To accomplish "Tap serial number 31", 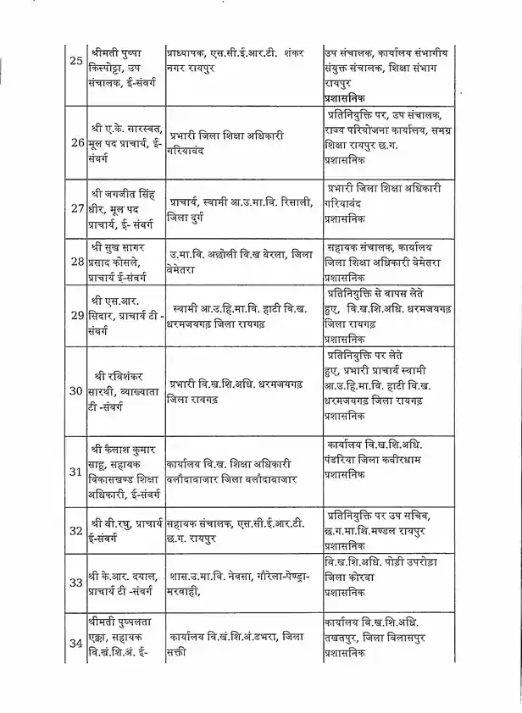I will (x=76, y=472).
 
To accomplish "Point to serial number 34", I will (x=76, y=643).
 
